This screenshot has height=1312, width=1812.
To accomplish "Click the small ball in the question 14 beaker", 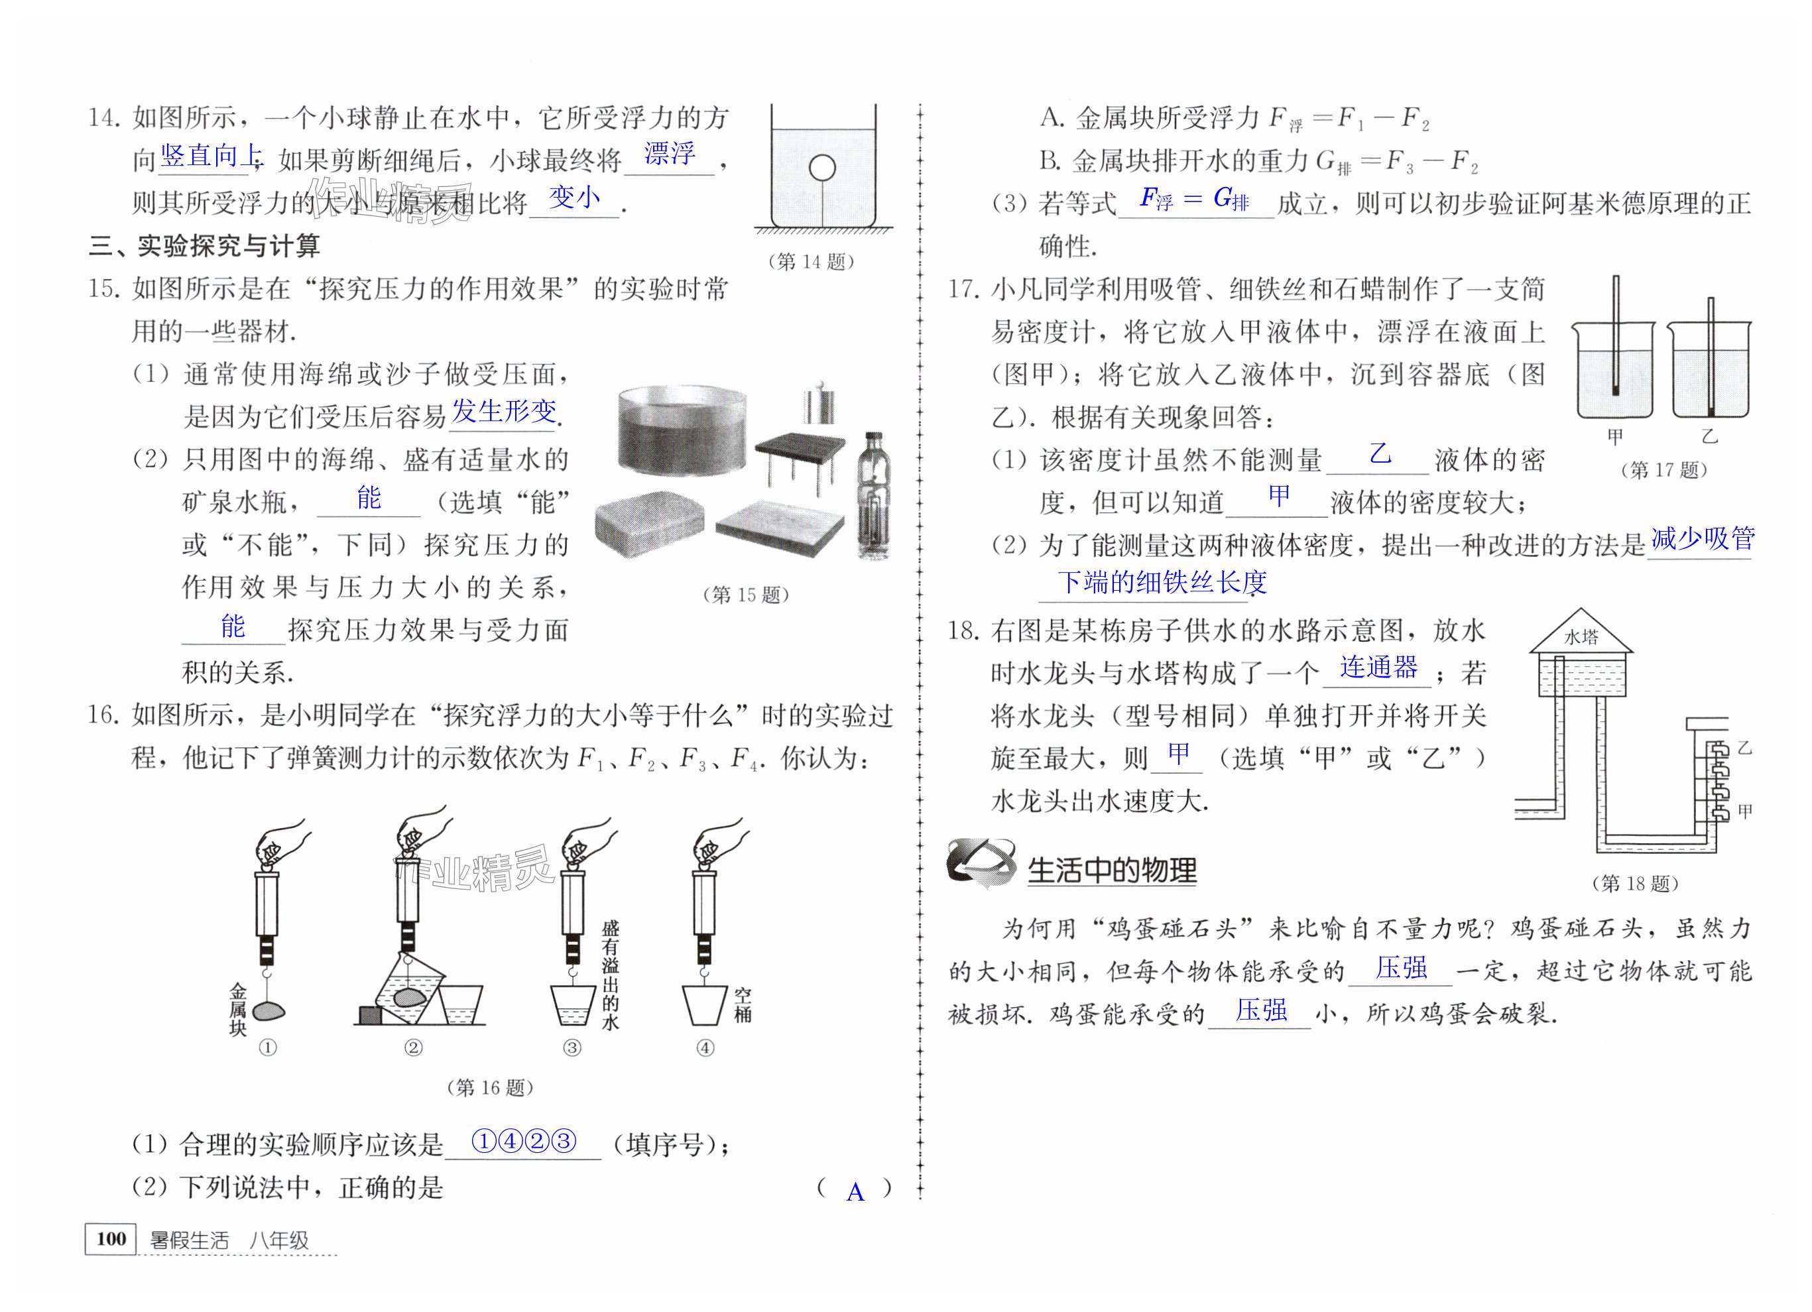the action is [x=821, y=168].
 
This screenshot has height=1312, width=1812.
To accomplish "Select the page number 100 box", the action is [x=111, y=1238].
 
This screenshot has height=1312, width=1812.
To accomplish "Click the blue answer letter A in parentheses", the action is [x=855, y=1192].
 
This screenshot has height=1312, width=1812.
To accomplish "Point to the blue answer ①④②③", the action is [x=524, y=1141].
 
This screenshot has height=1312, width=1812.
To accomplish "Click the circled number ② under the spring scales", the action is [x=413, y=1047].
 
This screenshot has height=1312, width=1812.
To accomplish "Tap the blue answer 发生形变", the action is [x=504, y=412].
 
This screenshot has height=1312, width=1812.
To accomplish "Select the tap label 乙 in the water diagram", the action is [x=1745, y=748].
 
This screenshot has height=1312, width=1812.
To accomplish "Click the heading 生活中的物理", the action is [x=1111, y=870].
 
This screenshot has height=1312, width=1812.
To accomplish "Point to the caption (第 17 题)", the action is [x=1663, y=470].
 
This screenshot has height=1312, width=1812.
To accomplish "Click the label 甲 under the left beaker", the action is [x=1614, y=437].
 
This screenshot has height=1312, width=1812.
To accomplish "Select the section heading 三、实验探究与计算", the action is [x=204, y=246].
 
